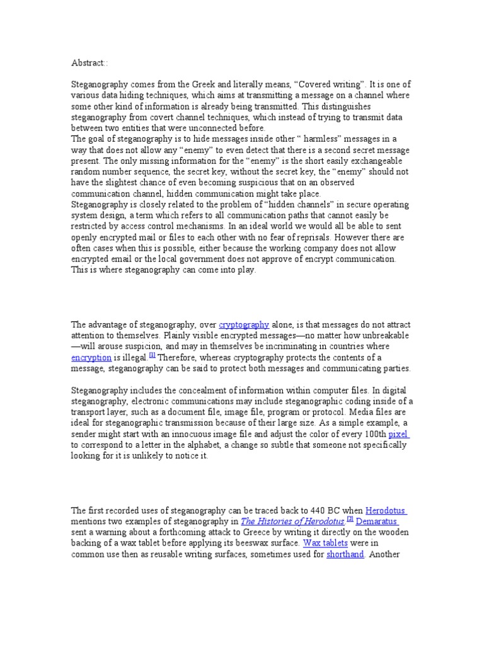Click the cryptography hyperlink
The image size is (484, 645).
click(244, 325)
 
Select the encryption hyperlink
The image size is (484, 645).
click(91, 358)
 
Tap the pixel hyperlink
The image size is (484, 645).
click(398, 435)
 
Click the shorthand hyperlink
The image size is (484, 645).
click(345, 554)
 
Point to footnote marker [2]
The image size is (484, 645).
click(350, 519)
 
